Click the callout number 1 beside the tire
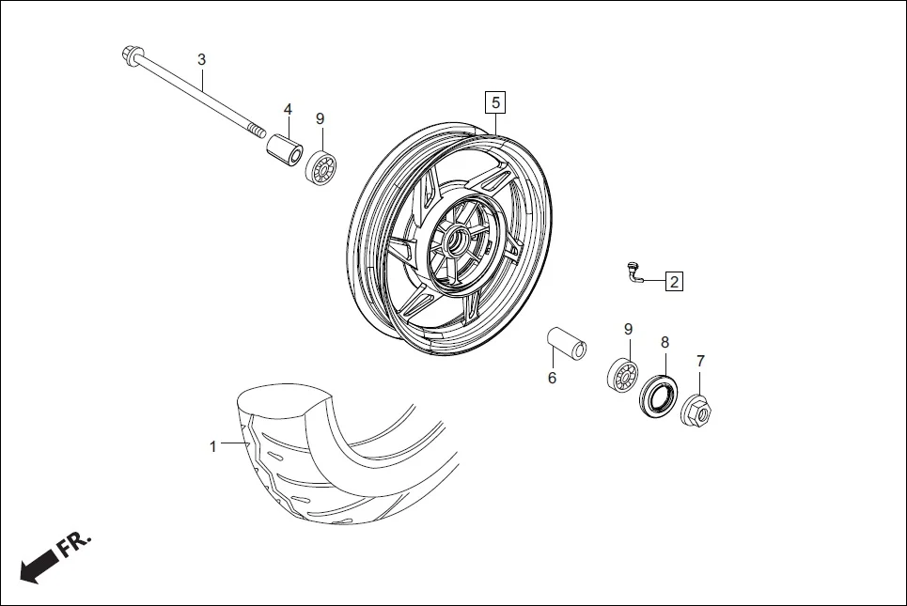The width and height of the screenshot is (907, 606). click(x=212, y=446)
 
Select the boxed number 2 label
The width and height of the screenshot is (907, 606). click(x=674, y=280)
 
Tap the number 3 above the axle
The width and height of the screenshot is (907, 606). click(x=201, y=59)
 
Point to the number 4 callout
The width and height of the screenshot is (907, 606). click(x=288, y=110)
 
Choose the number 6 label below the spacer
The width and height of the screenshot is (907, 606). click(x=552, y=378)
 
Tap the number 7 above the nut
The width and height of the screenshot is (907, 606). click(x=699, y=361)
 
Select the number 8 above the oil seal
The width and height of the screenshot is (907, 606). click(x=665, y=342)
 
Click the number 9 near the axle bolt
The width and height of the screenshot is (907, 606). click(x=320, y=118)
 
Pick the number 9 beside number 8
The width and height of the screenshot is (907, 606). click(x=628, y=329)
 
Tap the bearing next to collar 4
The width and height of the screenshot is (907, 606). click(x=321, y=166)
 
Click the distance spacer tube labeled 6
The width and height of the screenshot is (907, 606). click(x=568, y=342)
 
